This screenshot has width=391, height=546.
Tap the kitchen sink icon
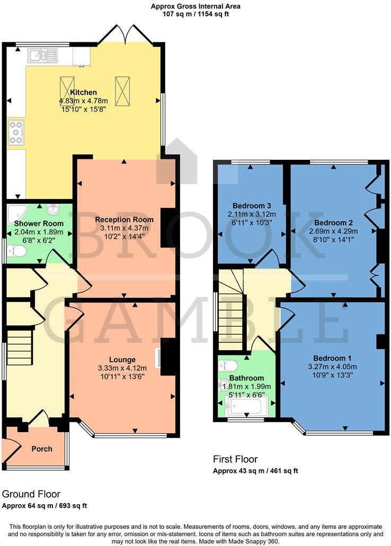click(43, 54)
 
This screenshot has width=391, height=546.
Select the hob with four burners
click(16, 132)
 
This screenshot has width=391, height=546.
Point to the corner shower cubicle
click(17, 213)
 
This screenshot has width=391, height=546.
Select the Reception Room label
click(124, 219)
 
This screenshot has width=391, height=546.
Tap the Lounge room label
click(123, 360)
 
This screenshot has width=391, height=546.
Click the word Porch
click(42, 449)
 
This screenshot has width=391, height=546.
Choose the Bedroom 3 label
click(252, 205)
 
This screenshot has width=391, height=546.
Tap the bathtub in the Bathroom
click(246, 406)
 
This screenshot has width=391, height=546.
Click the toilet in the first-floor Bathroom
click(229, 365)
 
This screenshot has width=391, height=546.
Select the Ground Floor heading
click(31, 494)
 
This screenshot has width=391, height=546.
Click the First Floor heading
click(235, 459)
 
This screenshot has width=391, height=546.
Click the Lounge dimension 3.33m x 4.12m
click(124, 368)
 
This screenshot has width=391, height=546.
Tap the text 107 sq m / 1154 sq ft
click(196, 14)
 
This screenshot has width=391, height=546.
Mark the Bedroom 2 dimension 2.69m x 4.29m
click(333, 231)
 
